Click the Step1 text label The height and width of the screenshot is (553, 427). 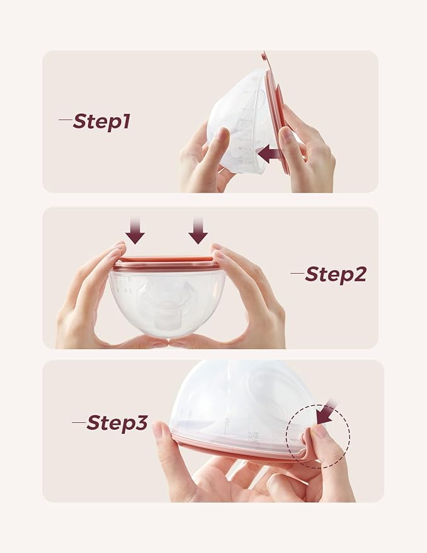click(101, 121)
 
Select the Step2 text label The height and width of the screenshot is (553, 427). click(335, 274)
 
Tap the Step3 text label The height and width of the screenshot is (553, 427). click(117, 423)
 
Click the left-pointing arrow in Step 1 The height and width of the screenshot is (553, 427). click(270, 154)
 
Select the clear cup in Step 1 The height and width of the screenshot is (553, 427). click(239, 123)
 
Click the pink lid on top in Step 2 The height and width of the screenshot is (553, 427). click(167, 262)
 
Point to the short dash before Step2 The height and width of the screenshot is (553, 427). click(297, 273)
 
